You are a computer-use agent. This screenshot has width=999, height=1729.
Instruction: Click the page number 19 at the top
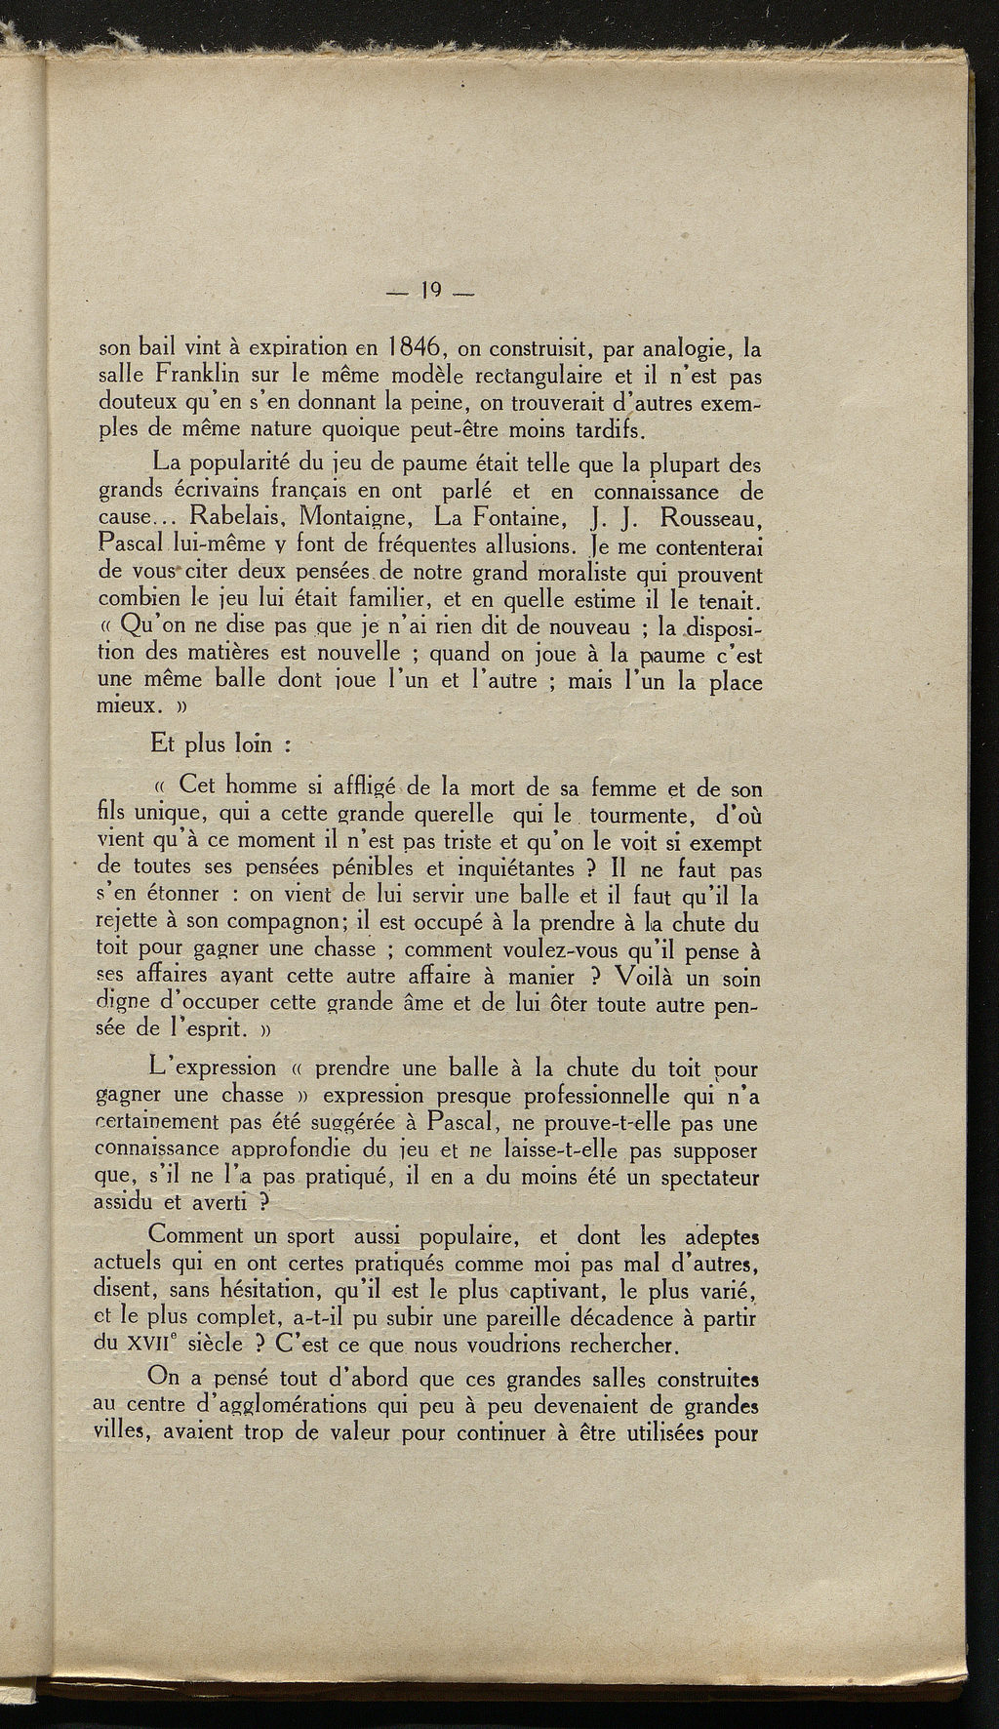[428, 290]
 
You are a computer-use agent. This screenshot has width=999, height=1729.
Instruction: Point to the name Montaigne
[365, 514]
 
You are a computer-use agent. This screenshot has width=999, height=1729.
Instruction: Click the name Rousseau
[710, 514]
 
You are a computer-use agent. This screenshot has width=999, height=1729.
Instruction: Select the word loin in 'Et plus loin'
[252, 745]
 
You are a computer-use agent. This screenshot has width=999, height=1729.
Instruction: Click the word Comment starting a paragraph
[198, 1235]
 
